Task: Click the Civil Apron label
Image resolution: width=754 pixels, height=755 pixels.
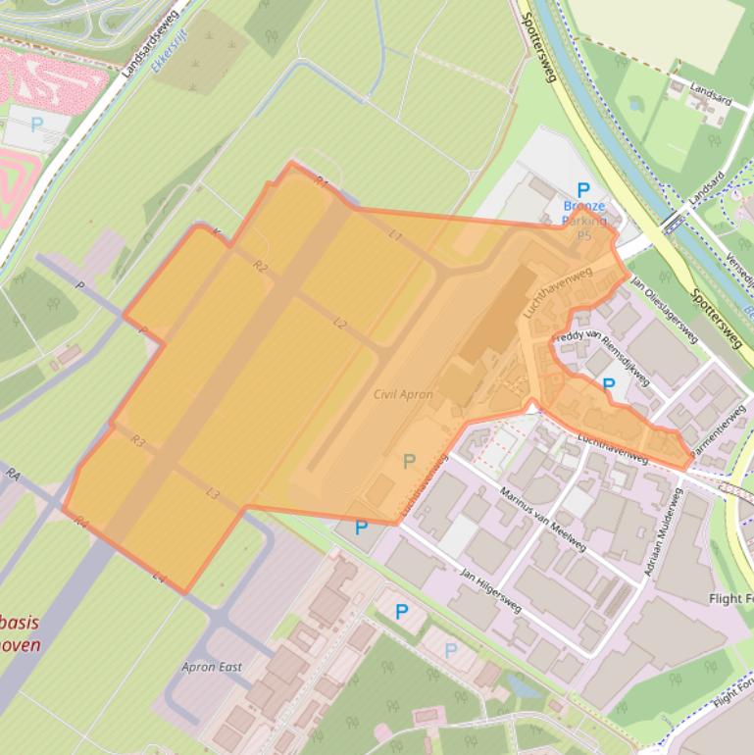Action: pyautogui.click(x=403, y=394)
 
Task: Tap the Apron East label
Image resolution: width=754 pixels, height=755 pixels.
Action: pyautogui.click(x=212, y=667)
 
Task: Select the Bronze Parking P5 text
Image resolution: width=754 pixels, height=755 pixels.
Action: pyautogui.click(x=584, y=221)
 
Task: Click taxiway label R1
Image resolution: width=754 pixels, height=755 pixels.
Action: pyautogui.click(x=321, y=181)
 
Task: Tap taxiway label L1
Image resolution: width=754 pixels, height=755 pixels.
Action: pyautogui.click(x=396, y=235)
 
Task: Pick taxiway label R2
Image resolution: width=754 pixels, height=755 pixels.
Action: pyautogui.click(x=260, y=266)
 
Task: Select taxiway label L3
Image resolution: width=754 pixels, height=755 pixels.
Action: pyautogui.click(x=213, y=493)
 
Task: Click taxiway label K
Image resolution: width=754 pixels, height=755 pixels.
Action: pyautogui.click(x=217, y=233)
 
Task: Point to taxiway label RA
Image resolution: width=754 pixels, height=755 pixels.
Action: pyautogui.click(x=13, y=474)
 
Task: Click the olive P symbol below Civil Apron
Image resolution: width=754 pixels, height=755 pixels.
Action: pyautogui.click(x=410, y=460)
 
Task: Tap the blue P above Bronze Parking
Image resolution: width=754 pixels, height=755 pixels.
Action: pyautogui.click(x=583, y=189)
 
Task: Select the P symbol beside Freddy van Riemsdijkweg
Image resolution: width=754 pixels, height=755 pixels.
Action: pyautogui.click(x=608, y=385)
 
